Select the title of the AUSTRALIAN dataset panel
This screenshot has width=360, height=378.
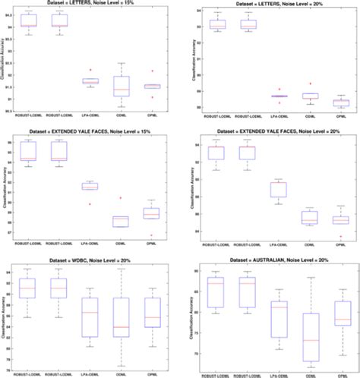pos(271,260)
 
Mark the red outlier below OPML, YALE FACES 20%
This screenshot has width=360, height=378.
pos(339,236)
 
